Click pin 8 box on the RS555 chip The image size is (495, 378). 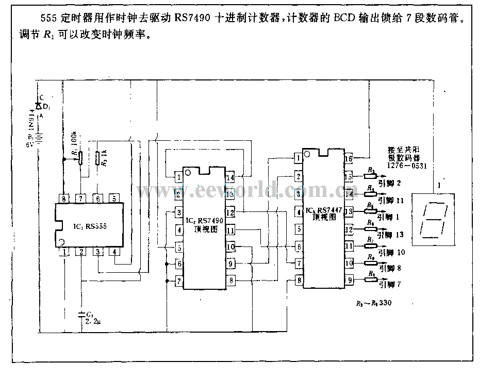pyautogui.click(x=64, y=198)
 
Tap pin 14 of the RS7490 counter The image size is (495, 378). pyautogui.click(x=230, y=178)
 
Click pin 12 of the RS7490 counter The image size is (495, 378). pyautogui.click(x=230, y=212)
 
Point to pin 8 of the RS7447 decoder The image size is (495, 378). pyautogui.click(x=298, y=281)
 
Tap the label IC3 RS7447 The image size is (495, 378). pyautogui.click(x=323, y=210)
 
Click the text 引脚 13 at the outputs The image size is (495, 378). pyautogui.click(x=392, y=235)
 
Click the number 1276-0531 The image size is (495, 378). pyautogui.click(x=407, y=166)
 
